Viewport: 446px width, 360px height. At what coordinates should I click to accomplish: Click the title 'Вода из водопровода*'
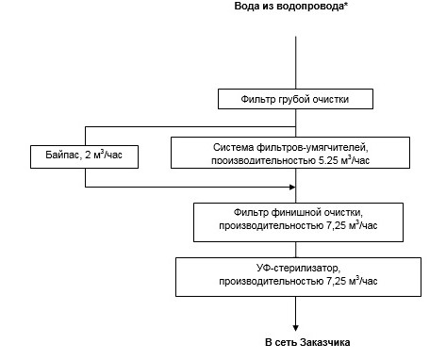click(x=296, y=8)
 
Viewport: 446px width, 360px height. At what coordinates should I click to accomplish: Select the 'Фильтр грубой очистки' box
click(x=298, y=99)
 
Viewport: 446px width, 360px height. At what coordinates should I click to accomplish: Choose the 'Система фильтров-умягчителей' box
click(x=290, y=153)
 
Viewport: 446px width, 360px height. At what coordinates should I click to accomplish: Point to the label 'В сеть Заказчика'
click(x=298, y=340)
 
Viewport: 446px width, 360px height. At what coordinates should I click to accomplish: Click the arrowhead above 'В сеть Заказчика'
click(x=298, y=323)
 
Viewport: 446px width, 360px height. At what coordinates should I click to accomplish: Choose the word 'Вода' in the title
click(x=250, y=8)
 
